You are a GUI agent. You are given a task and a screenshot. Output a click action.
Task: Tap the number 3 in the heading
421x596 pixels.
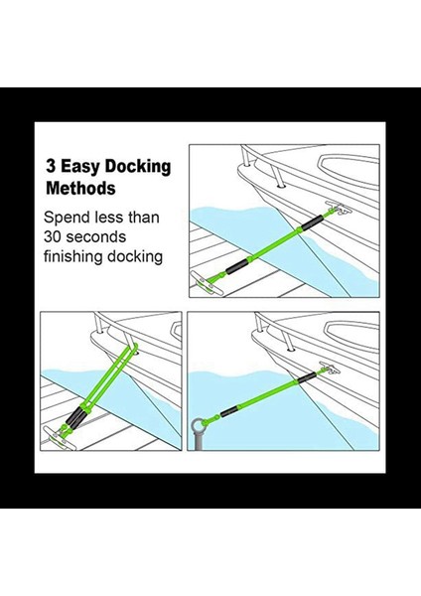pos(50,167)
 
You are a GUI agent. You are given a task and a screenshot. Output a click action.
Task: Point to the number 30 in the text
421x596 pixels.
pos(54,236)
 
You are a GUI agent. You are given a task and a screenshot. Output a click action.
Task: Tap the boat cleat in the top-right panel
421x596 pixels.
pos(341,213)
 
